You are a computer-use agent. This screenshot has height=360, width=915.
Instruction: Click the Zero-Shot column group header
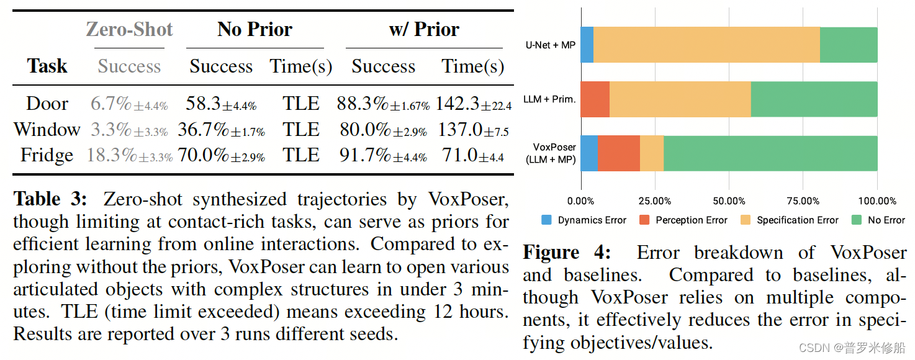point(129,30)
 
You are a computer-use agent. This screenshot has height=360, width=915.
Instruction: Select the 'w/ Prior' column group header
point(424,30)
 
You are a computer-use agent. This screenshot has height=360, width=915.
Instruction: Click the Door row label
point(47,104)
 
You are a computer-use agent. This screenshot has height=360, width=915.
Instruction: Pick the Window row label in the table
point(47,130)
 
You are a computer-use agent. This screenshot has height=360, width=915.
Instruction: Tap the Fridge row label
point(47,155)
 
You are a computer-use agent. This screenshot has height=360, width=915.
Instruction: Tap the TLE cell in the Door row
point(301,104)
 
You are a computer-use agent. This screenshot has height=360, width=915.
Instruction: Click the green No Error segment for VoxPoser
point(770,153)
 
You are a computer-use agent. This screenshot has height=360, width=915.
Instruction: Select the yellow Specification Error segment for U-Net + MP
point(706,45)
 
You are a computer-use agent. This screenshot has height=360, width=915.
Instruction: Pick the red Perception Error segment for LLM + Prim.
point(595,99)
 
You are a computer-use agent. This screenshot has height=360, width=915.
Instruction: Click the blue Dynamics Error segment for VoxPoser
point(588,153)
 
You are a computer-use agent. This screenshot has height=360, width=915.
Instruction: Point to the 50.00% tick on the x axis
point(729,201)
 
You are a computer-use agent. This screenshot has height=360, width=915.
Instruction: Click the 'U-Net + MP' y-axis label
point(550,45)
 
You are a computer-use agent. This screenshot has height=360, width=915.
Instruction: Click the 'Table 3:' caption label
point(52,199)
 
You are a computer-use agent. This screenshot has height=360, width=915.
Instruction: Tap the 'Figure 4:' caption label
point(566,253)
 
